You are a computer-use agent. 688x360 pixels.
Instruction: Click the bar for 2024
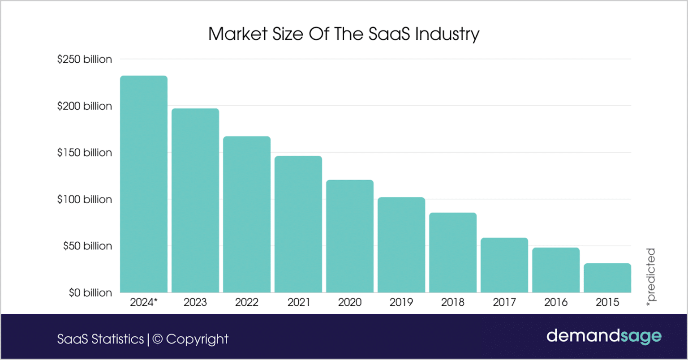click(x=144, y=184)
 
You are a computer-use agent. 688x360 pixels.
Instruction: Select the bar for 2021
click(x=298, y=224)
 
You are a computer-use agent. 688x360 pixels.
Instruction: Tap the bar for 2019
click(x=401, y=244)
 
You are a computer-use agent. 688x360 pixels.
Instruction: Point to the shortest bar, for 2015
click(x=607, y=278)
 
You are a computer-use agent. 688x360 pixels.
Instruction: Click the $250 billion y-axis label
click(x=85, y=59)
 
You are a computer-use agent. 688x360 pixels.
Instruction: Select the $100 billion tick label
click(x=85, y=199)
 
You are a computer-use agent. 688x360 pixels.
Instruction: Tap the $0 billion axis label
click(x=90, y=293)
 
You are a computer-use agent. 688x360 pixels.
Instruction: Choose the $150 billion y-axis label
click(x=85, y=153)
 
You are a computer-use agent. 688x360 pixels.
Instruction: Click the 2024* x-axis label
click(x=144, y=302)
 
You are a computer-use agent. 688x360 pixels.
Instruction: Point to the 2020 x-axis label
click(x=350, y=302)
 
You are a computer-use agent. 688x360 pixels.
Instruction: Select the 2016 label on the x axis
click(x=556, y=302)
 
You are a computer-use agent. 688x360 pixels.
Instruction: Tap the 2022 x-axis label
click(x=247, y=302)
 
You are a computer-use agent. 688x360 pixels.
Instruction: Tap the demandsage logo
click(x=604, y=336)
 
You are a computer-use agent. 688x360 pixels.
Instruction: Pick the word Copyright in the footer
click(x=197, y=339)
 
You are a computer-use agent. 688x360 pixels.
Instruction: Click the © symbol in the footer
click(x=158, y=339)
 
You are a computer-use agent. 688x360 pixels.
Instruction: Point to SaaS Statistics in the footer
click(x=100, y=339)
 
